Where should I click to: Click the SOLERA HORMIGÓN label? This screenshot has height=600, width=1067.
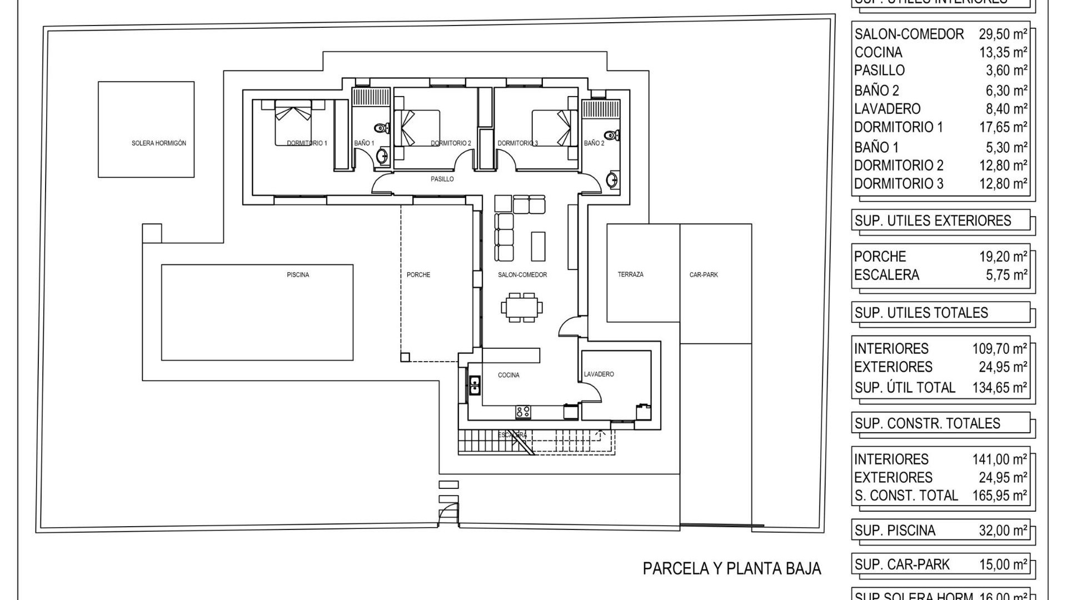pyautogui.click(x=158, y=143)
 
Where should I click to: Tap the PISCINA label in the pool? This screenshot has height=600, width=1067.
pyautogui.click(x=298, y=275)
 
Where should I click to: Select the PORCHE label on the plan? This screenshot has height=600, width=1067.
pyautogui.click(x=418, y=275)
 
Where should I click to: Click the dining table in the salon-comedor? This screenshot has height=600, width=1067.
pyautogui.click(x=522, y=307)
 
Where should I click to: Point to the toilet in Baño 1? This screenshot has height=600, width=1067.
pyautogui.click(x=381, y=128)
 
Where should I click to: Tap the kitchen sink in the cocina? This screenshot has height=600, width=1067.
pyautogui.click(x=475, y=385)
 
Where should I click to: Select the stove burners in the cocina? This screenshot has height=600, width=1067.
pyautogui.click(x=523, y=412)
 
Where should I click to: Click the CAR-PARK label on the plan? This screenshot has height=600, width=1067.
pyautogui.click(x=704, y=275)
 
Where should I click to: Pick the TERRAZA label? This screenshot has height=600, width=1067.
pyautogui.click(x=630, y=274)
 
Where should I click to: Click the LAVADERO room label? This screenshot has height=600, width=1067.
pyautogui.click(x=599, y=374)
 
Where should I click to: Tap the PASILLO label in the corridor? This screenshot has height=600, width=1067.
pyautogui.click(x=442, y=179)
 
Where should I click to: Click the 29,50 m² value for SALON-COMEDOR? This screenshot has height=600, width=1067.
pyautogui.click(x=1003, y=34)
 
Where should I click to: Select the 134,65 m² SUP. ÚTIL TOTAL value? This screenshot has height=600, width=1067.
pyautogui.click(x=999, y=387)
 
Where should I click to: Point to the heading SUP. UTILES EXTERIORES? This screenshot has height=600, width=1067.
pyautogui.click(x=933, y=221)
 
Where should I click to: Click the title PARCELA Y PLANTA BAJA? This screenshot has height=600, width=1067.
pyautogui.click(x=731, y=568)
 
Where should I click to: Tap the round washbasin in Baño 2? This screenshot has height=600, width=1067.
pyautogui.click(x=612, y=180)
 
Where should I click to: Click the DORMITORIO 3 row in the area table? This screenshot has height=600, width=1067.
pyautogui.click(x=939, y=183)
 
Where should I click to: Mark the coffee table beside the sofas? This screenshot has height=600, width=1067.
pyautogui.click(x=538, y=246)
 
